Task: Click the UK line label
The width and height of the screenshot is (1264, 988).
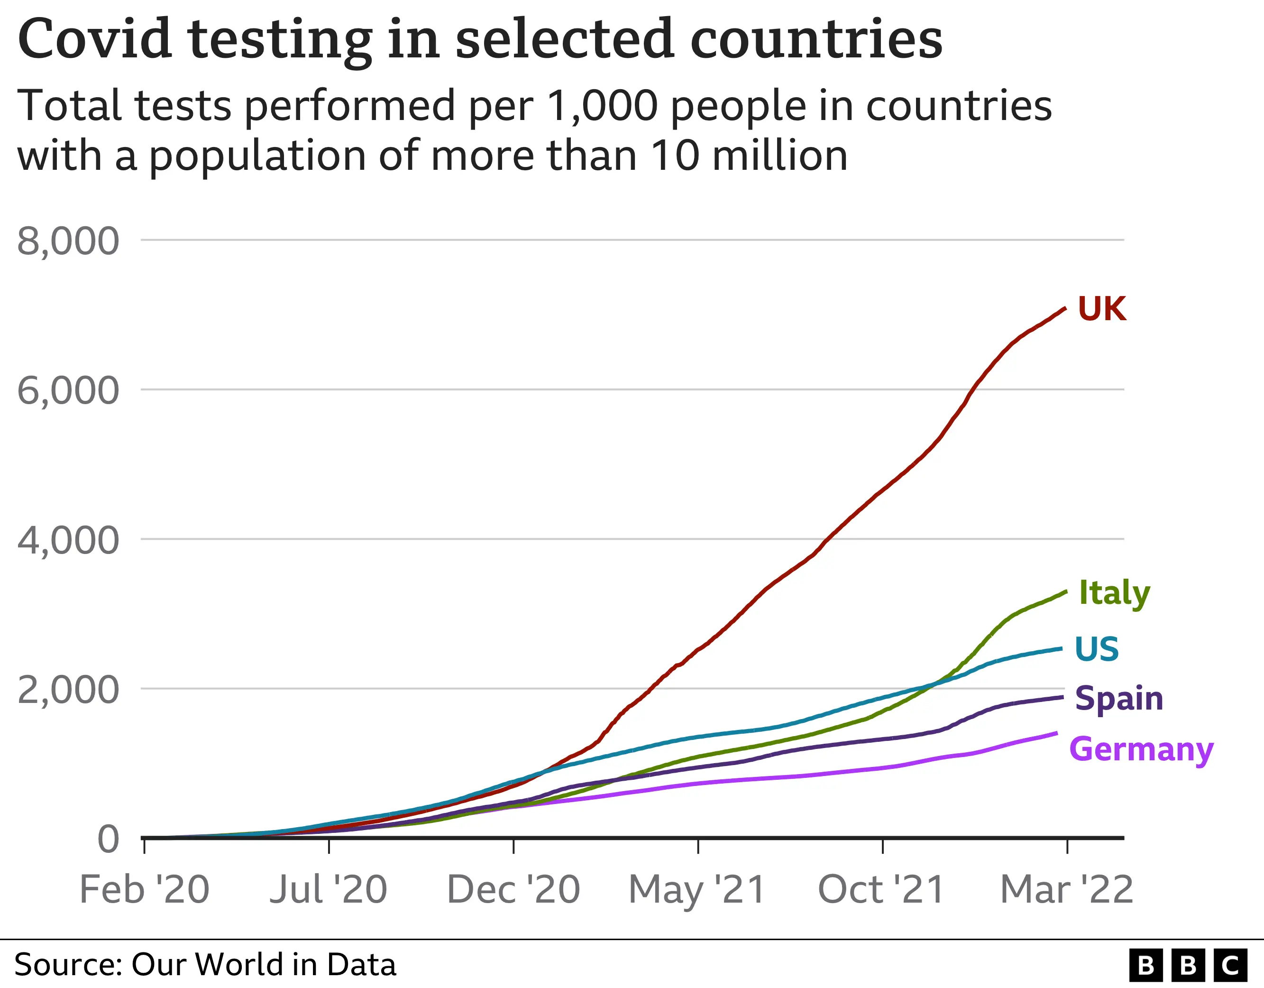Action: pos(1102,309)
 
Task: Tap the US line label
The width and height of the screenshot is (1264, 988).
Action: pos(1097,649)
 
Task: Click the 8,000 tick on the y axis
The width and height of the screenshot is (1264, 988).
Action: pos(68,241)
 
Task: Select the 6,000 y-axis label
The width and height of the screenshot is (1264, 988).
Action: pos(68,390)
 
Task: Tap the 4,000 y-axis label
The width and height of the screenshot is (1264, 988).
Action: pos(68,540)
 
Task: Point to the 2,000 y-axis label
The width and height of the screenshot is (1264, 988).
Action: pos(68,690)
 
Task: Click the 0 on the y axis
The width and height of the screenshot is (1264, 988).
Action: pos(108,839)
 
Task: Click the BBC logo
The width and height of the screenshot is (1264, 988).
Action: pos(1188,965)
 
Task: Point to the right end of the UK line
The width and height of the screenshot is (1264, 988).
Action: pos(1065,308)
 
